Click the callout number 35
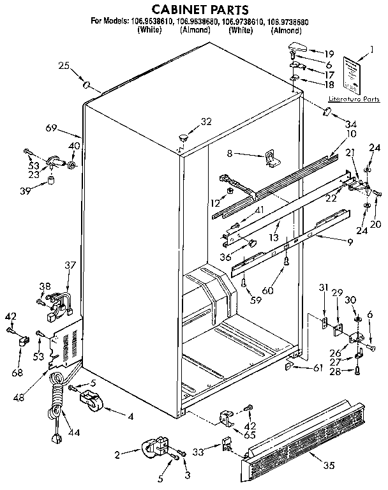(329, 465)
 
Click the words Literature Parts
(354, 99)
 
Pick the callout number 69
(52, 128)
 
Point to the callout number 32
(205, 121)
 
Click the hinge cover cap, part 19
(298, 45)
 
